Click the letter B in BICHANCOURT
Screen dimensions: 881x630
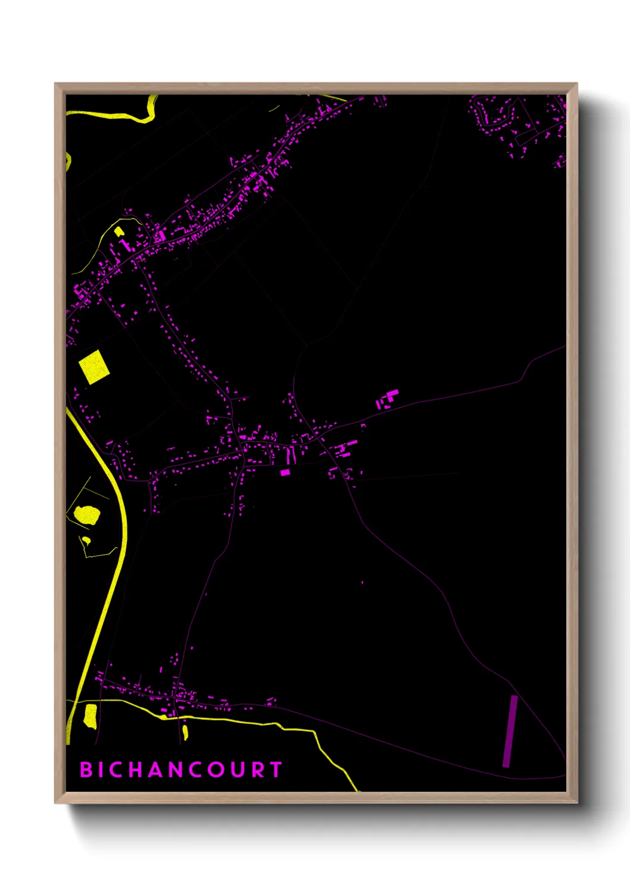[x=86, y=770]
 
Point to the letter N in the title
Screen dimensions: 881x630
[x=174, y=770]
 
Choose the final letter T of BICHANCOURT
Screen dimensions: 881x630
[x=276, y=770]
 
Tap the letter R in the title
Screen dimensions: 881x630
[x=257, y=770]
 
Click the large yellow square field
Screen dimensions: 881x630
[x=94, y=367]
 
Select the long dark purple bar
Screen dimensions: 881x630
[x=510, y=731]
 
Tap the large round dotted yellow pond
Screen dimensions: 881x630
[x=87, y=515]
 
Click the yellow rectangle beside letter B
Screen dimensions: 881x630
[x=91, y=716]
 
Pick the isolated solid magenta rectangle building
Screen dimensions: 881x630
[x=285, y=473]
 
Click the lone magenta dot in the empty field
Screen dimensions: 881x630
[x=362, y=582]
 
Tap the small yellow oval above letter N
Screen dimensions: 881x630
[x=185, y=732]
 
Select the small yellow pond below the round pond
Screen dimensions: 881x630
[x=86, y=541]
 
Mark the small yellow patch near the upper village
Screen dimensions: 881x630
[x=118, y=232]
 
